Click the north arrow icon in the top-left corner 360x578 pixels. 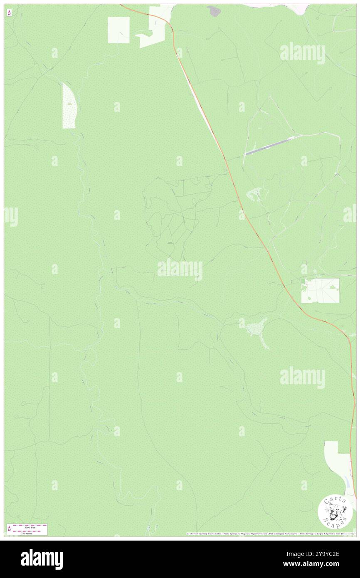click(x=9, y=13)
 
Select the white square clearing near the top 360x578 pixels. click(x=118, y=30)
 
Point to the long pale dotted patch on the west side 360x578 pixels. click(x=69, y=106)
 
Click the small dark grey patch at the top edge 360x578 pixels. click(x=215, y=10)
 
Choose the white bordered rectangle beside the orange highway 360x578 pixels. click(x=320, y=290)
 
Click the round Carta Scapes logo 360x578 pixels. click(x=335, y=511)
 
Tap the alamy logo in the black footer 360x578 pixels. click(x=42, y=559)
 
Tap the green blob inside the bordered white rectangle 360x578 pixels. click(x=333, y=287)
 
